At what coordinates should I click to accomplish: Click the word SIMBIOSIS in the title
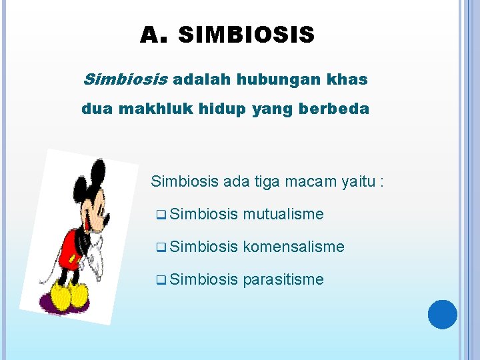246,35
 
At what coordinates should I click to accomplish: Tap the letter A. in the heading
153,35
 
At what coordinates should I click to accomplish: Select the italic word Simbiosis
124,80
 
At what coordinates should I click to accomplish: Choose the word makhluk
155,109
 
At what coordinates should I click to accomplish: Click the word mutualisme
283,214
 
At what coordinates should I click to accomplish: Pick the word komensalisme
294,247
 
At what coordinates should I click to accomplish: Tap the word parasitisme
283,279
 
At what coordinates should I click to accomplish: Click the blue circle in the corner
443,314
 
